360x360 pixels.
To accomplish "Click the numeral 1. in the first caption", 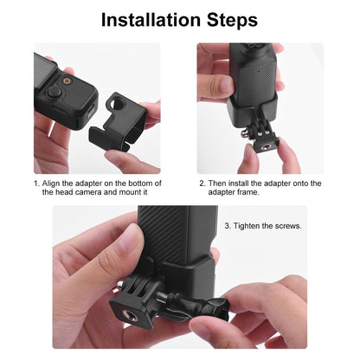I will (x=36, y=183).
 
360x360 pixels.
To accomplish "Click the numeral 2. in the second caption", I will (x=202, y=183).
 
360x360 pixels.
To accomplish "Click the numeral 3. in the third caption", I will (x=228, y=225).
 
